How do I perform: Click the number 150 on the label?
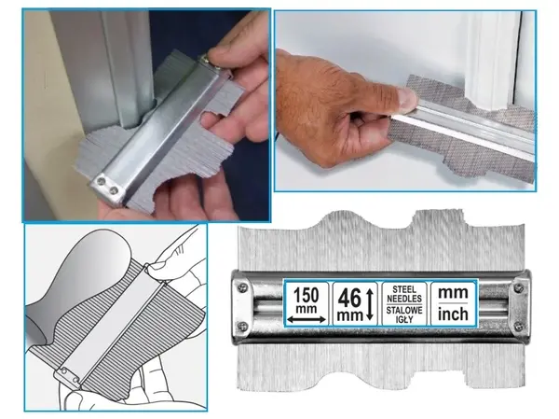click(306, 296)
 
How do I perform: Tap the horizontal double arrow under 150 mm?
click(307, 320)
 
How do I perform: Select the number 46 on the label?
click(349, 299)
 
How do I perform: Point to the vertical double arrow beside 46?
click(369, 304)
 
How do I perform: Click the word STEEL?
click(404, 289)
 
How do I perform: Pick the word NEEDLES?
click(404, 299)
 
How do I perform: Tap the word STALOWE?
click(404, 310)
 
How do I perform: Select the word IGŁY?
click(404, 319)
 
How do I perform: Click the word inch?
click(453, 314)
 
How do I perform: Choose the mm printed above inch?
click(453, 293)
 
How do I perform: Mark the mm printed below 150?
click(307, 309)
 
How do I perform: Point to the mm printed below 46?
click(349, 315)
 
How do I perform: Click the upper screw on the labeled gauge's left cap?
click(243, 286)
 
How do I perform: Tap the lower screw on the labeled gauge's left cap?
click(242, 326)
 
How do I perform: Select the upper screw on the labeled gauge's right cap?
click(519, 287)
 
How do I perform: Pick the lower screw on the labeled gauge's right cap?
click(519, 326)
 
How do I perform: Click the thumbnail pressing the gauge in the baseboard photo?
click(406, 98)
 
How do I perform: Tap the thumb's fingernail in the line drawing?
click(157, 265)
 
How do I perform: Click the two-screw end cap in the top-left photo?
click(108, 189)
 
